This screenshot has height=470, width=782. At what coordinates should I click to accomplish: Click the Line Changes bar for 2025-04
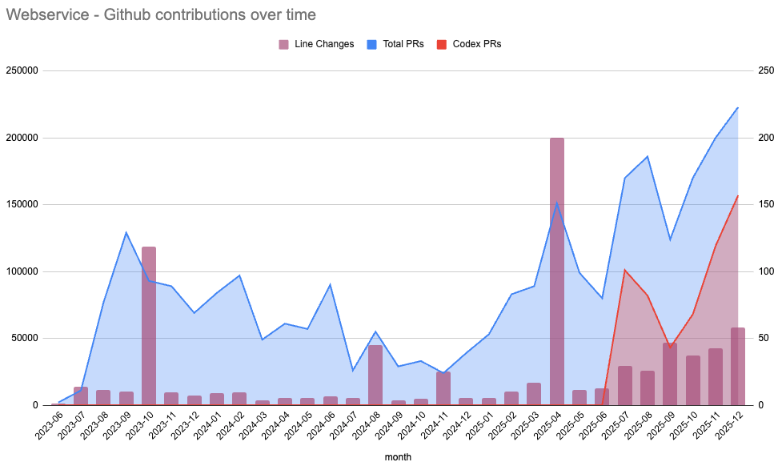pyautogui.click(x=557, y=271)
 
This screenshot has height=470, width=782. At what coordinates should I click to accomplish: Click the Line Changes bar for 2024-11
pyautogui.click(x=443, y=388)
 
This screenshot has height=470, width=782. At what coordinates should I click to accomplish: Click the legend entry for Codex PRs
pyautogui.click(x=476, y=44)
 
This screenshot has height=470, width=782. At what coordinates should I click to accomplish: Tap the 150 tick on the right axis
pyautogui.click(x=765, y=204)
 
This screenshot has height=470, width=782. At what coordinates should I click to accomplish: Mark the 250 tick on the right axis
pyautogui.click(x=765, y=70)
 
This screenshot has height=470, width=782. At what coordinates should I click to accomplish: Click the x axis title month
pyautogui.click(x=398, y=457)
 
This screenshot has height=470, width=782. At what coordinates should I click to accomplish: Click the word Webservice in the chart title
pyautogui.click(x=45, y=14)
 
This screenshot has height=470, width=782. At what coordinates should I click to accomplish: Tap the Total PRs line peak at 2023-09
pyautogui.click(x=126, y=232)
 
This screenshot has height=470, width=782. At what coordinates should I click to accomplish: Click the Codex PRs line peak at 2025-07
pyautogui.click(x=624, y=270)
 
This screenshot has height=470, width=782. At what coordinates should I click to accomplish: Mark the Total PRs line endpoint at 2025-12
pyautogui.click(x=737, y=107)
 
